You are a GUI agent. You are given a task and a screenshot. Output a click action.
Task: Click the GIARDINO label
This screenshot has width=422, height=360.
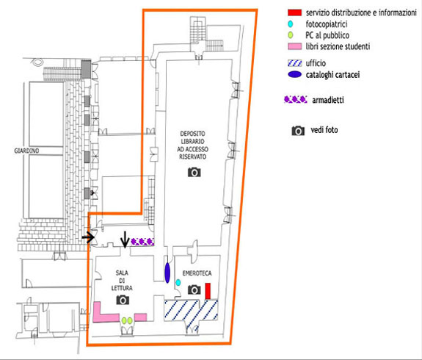[x=26, y=151]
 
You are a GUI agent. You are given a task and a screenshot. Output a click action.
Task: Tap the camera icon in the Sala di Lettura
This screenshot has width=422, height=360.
[x=123, y=300]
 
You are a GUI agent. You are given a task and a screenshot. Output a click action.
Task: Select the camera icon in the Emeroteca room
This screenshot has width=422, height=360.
[x=194, y=289]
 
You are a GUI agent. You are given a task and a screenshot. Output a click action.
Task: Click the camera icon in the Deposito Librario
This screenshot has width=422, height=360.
[x=194, y=172]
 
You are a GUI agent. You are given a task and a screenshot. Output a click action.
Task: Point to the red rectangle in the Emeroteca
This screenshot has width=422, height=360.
[x=208, y=291]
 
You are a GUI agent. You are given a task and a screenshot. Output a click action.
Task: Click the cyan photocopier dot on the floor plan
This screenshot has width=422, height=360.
[x=178, y=282]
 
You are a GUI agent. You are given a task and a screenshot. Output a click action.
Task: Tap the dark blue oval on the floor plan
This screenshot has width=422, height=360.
[x=167, y=273]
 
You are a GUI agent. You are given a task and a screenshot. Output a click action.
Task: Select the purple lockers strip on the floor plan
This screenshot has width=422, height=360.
[x=142, y=242]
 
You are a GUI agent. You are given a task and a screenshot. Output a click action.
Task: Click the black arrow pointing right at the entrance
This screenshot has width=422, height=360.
[x=88, y=237]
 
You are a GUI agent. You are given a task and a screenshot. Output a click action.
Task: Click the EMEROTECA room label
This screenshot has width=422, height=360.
[x=197, y=273]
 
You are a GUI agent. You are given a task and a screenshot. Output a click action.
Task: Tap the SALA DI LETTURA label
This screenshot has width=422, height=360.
[x=122, y=280]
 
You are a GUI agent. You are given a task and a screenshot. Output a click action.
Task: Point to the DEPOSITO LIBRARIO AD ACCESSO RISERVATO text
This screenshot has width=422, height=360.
[x=193, y=145]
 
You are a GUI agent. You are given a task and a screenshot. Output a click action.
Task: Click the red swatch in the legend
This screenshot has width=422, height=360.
[x=295, y=12]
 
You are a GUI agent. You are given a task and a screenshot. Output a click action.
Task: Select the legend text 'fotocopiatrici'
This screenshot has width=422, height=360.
[x=327, y=24]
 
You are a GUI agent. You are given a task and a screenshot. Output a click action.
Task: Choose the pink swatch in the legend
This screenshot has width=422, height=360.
[x=295, y=46]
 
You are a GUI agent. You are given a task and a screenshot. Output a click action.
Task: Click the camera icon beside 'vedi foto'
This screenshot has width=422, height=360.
[x=298, y=131]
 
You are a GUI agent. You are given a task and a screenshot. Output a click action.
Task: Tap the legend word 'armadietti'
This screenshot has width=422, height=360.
[x=328, y=100]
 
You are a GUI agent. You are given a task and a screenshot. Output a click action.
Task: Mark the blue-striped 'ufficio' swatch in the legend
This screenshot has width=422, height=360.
[x=295, y=63]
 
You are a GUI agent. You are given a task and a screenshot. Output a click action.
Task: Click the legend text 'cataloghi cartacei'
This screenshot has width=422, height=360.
[x=332, y=75]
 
